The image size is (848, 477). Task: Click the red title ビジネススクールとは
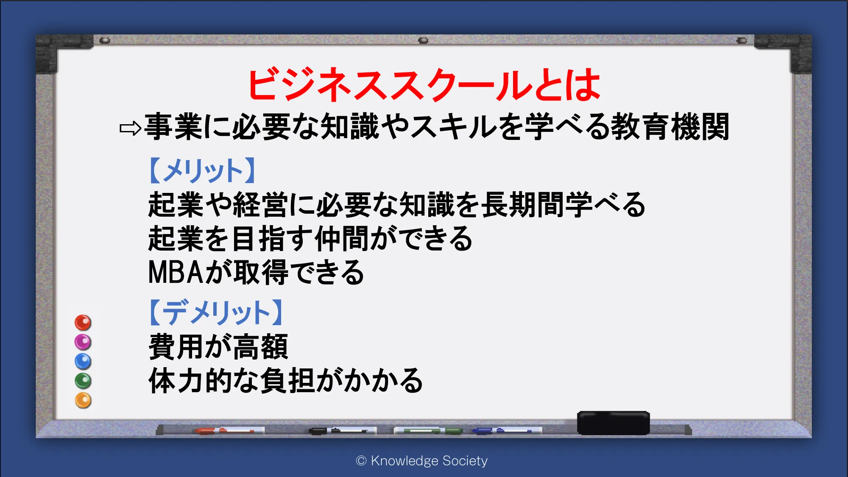click(x=424, y=85)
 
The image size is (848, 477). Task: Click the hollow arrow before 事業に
click(x=130, y=128)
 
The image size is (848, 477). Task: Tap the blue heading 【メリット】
click(x=203, y=170)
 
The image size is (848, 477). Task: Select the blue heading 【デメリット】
click(x=216, y=312)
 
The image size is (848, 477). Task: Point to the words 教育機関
click(x=670, y=126)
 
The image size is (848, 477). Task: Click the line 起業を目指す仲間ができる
click(x=310, y=238)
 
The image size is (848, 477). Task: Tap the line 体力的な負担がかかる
click(x=285, y=380)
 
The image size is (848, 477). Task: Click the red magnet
click(x=83, y=323)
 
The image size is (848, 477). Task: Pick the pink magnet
click(x=83, y=342)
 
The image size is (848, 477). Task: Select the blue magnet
click(x=83, y=362)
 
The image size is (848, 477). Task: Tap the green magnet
click(x=83, y=381)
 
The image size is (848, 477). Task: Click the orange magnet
click(x=83, y=401)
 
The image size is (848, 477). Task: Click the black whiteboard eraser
click(x=613, y=423)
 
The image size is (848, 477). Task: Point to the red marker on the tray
click(x=225, y=431)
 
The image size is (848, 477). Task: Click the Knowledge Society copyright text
click(x=422, y=460)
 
